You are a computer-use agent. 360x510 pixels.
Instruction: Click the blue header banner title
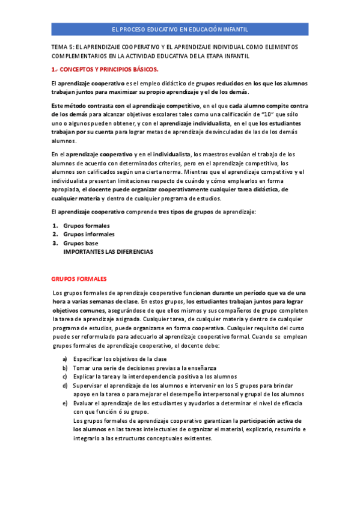tap(180, 29)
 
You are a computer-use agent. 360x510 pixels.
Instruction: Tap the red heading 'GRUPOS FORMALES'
tap(79, 279)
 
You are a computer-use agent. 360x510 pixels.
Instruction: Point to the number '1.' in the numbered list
tap(55, 226)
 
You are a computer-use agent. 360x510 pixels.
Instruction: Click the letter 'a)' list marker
tap(65, 358)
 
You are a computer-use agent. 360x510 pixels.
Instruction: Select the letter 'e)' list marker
tap(65, 402)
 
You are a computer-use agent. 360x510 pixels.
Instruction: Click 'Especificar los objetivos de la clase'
tap(120, 358)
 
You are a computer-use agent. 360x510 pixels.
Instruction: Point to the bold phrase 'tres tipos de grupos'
tap(191, 212)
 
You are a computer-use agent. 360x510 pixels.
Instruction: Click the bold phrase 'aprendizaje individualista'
tap(185, 123)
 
